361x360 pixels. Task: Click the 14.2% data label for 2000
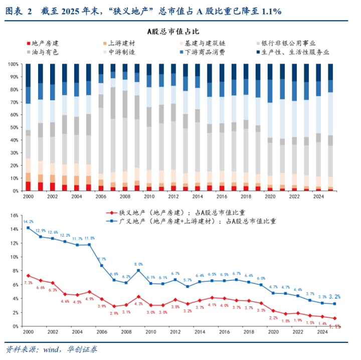coord(28,221)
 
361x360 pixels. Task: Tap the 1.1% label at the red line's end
coord(335,327)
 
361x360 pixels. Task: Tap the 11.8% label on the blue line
coord(89,238)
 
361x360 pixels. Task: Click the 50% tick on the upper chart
coord(15,127)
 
